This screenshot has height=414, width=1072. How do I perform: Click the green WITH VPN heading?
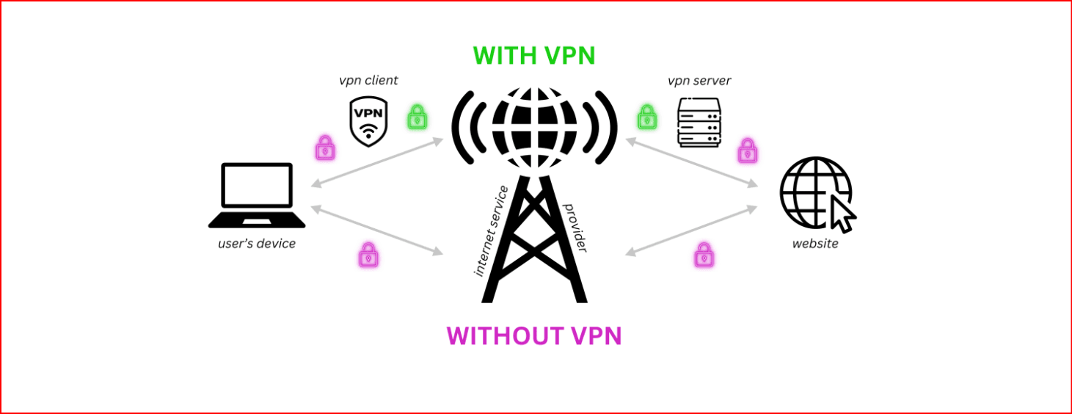[x=533, y=56]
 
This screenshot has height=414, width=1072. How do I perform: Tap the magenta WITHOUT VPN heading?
[x=534, y=335]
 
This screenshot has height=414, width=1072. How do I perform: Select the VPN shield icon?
[x=368, y=121]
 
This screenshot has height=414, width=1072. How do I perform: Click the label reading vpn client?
[x=368, y=80]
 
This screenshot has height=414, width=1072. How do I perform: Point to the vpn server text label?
[x=699, y=80]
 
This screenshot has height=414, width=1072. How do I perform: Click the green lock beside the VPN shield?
[x=417, y=117]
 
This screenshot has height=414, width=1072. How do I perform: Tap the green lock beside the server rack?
[x=646, y=117]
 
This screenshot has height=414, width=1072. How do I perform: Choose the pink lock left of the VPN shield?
[x=325, y=148]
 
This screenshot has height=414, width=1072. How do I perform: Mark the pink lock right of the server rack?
[x=747, y=150]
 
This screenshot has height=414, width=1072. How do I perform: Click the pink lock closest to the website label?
[x=704, y=255]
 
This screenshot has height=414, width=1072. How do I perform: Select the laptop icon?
[x=257, y=195]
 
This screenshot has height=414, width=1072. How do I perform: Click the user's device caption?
[x=257, y=243]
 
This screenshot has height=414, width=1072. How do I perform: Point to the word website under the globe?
[x=814, y=243]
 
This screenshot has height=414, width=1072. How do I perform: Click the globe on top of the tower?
[x=533, y=126]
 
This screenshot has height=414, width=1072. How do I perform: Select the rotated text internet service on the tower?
[x=492, y=231]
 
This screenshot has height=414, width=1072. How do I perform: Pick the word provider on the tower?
[x=575, y=228]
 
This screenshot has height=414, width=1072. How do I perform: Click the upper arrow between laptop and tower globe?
[x=377, y=162]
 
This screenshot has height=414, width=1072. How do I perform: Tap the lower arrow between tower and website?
[x=690, y=230]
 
